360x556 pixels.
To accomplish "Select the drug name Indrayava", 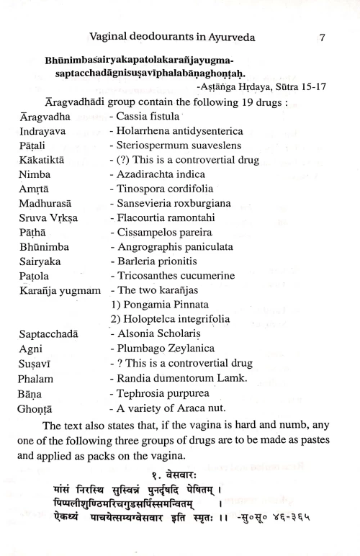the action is tap(42, 131).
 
